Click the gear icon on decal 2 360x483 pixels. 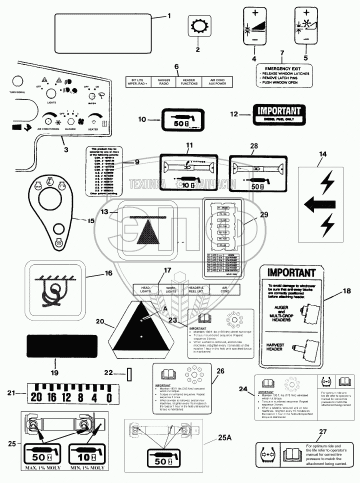(197, 25)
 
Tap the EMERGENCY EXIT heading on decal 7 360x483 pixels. (283, 68)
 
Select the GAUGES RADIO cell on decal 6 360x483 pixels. (164, 82)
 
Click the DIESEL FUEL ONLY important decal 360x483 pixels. (279, 114)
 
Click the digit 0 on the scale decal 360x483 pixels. (108, 397)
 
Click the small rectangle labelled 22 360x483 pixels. (129, 373)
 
